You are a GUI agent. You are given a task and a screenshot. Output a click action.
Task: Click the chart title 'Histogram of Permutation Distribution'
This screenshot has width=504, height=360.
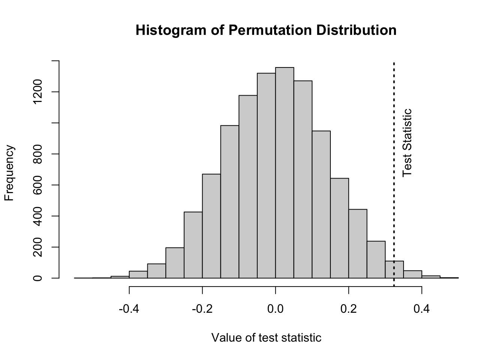click(266, 30)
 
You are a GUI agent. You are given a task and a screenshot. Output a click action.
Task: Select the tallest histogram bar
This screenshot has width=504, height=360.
click(285, 172)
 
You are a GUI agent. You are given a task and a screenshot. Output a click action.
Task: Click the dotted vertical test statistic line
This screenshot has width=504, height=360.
click(394, 150)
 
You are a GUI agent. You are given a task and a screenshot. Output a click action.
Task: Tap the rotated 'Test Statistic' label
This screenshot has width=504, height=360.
click(407, 143)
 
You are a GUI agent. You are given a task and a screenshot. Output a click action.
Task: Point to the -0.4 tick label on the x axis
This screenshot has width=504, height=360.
click(129, 309)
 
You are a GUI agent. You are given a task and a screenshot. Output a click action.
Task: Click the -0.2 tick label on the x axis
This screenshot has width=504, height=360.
click(202, 309)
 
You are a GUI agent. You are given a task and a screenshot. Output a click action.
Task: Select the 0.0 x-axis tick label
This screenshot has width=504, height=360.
click(275, 309)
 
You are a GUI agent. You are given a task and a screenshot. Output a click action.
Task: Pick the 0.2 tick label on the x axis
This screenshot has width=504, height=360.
click(349, 309)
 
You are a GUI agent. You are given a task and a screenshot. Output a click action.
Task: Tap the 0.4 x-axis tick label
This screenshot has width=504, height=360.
click(422, 309)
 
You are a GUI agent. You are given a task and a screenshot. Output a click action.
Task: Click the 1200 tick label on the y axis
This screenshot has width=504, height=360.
click(38, 92)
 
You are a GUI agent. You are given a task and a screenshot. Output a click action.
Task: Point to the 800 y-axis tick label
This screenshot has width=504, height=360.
click(38, 154)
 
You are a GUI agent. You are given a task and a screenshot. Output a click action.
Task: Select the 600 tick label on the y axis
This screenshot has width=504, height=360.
click(38, 185)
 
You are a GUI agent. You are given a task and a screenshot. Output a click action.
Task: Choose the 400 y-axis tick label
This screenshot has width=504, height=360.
click(38, 216)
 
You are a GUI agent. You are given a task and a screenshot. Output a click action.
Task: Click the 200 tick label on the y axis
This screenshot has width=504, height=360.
click(38, 247)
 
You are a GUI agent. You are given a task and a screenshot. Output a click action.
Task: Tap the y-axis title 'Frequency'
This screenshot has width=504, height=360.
click(9, 173)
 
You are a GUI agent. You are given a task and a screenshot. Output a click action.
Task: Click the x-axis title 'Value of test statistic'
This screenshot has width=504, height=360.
click(266, 337)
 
